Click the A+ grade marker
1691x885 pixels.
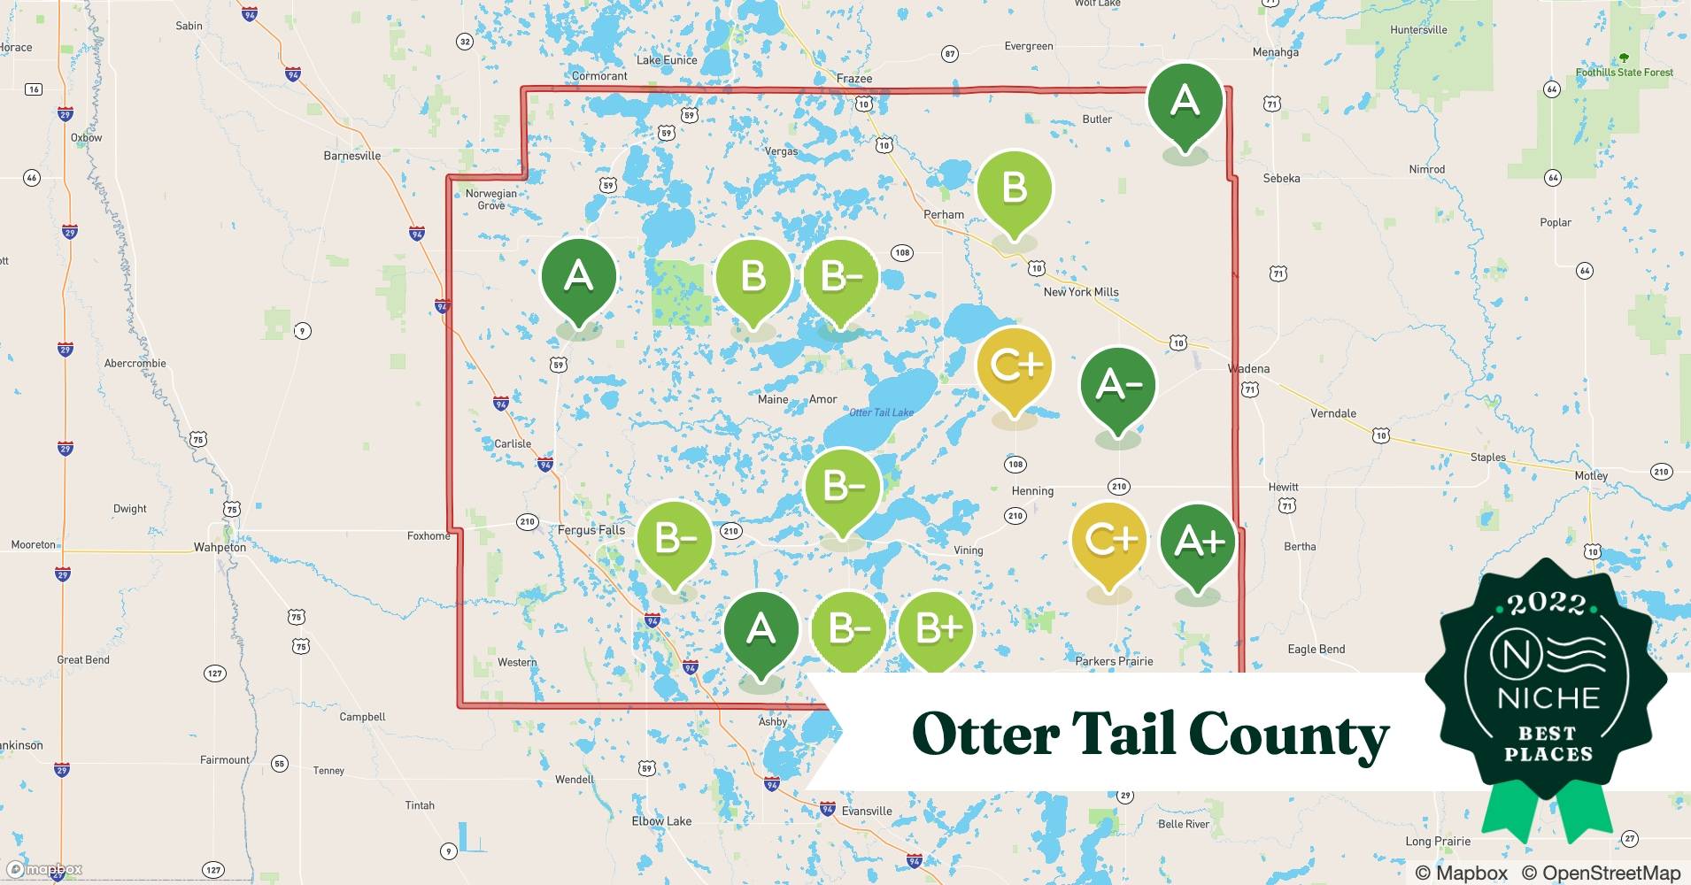pyautogui.click(x=1198, y=543)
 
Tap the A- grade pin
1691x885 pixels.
pyautogui.click(x=1117, y=385)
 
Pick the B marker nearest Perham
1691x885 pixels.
pyautogui.click(x=1014, y=189)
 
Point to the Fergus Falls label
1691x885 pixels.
pyautogui.click(x=591, y=530)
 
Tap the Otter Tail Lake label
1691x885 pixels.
pyautogui.click(x=881, y=412)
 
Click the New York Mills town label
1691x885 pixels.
pyautogui.click(x=1080, y=292)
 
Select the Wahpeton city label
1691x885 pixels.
pyautogui.click(x=220, y=548)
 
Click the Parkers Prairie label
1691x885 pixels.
pyautogui.click(x=1114, y=661)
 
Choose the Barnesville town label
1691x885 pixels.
pyautogui.click(x=351, y=156)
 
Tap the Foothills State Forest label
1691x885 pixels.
pyautogui.click(x=1624, y=72)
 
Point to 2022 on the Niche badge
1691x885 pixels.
pyautogui.click(x=1547, y=604)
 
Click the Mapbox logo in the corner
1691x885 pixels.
pyautogui.click(x=44, y=869)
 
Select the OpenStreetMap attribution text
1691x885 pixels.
pyautogui.click(x=1601, y=873)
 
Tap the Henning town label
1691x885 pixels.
pyautogui.click(x=1032, y=491)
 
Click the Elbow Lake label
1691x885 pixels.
pyautogui.click(x=661, y=821)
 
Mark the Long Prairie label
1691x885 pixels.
pyautogui.click(x=1438, y=842)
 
